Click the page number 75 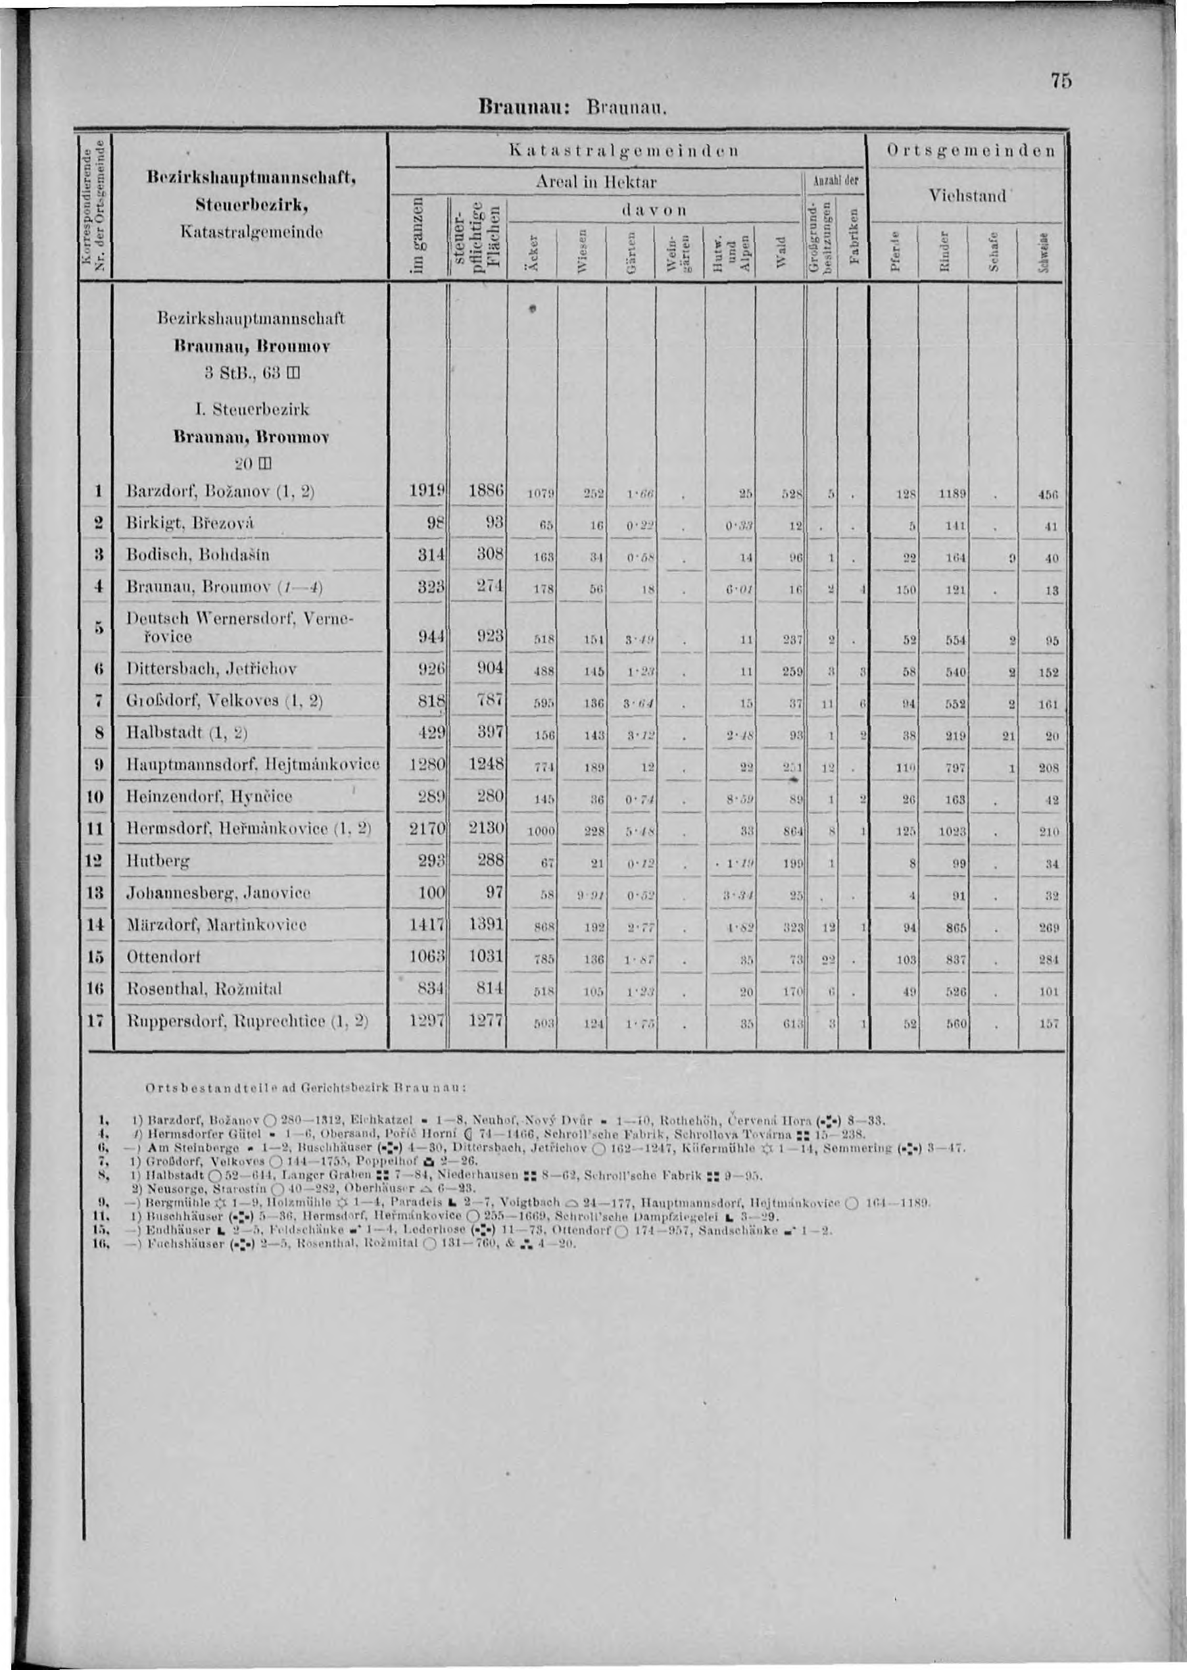click(x=1061, y=81)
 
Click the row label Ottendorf click(x=164, y=956)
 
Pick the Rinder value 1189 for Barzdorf click(x=954, y=493)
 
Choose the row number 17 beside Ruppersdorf click(x=97, y=1019)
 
